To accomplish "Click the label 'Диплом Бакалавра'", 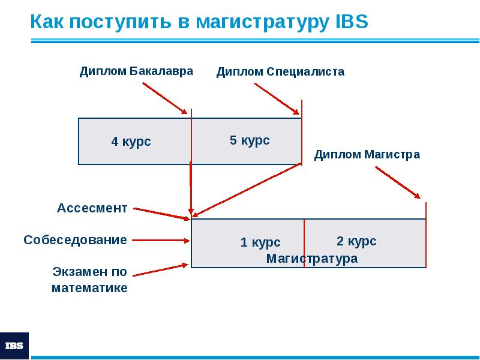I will pyautogui.click(x=137, y=71).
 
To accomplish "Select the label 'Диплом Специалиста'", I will pyautogui.click(x=280, y=72).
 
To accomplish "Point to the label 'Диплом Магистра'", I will pyautogui.click(x=367, y=155).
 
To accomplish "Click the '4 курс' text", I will pyautogui.click(x=131, y=142).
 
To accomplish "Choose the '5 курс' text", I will pyautogui.click(x=250, y=140).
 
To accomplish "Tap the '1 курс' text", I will pyautogui.click(x=260, y=242).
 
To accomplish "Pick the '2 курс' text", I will pyautogui.click(x=356, y=241).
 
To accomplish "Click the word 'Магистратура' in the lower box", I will pyautogui.click(x=312, y=259).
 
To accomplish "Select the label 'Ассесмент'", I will pyautogui.click(x=92, y=208).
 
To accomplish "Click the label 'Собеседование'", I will pyautogui.click(x=76, y=240).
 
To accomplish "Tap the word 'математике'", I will pyautogui.click(x=89, y=288).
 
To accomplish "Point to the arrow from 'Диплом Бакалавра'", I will pyautogui.click(x=165, y=98).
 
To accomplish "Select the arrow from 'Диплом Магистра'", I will pyautogui.click(x=398, y=182).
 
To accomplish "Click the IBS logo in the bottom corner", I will pyautogui.click(x=14, y=346).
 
